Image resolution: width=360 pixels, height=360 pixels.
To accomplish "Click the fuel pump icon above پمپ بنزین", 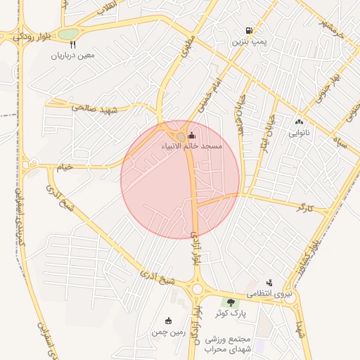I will [x=250, y=30].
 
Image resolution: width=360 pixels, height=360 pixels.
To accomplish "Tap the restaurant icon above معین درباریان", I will [x=53, y=44].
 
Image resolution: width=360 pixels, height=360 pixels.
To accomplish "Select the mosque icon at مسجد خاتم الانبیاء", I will [x=192, y=135].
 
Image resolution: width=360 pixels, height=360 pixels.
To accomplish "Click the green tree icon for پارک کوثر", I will [x=231, y=302].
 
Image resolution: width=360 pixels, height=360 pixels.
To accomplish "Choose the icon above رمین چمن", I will [x=167, y=321].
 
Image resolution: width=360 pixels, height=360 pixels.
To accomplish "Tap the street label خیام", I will [x=65, y=167].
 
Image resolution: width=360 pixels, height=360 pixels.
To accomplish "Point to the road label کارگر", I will [x=304, y=208].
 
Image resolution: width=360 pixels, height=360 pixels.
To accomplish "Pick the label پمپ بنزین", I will [x=250, y=42].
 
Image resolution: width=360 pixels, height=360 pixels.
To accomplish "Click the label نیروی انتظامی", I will [x=269, y=294].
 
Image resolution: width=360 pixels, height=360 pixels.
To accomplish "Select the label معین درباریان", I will [x=72, y=55].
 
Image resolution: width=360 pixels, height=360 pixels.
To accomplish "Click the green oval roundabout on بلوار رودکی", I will [x=68, y=34].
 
